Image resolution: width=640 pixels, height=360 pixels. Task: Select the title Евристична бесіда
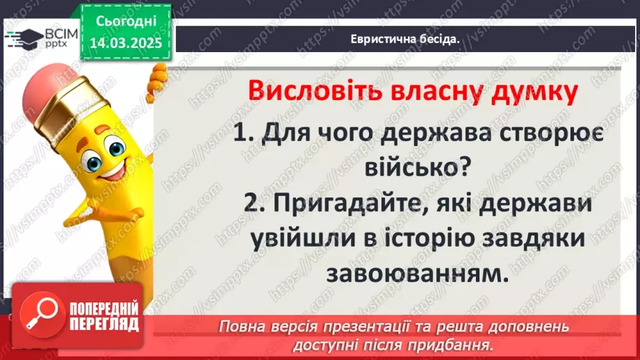[406, 40]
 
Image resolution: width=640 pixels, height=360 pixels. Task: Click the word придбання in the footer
[456, 344]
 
